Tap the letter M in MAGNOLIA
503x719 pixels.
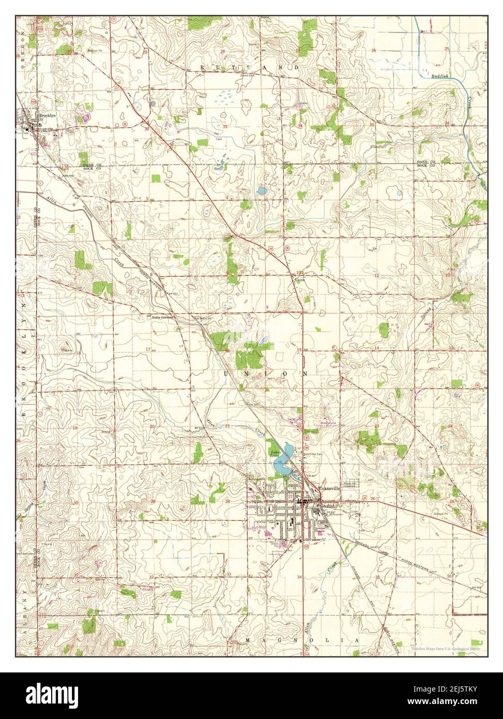tap(248, 641)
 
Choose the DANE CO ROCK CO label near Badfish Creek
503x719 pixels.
tap(426, 163)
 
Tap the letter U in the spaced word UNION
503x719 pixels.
tap(226, 373)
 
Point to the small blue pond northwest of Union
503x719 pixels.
tap(261, 191)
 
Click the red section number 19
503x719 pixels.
tap(75, 427)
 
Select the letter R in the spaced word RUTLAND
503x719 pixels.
tap(203, 68)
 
